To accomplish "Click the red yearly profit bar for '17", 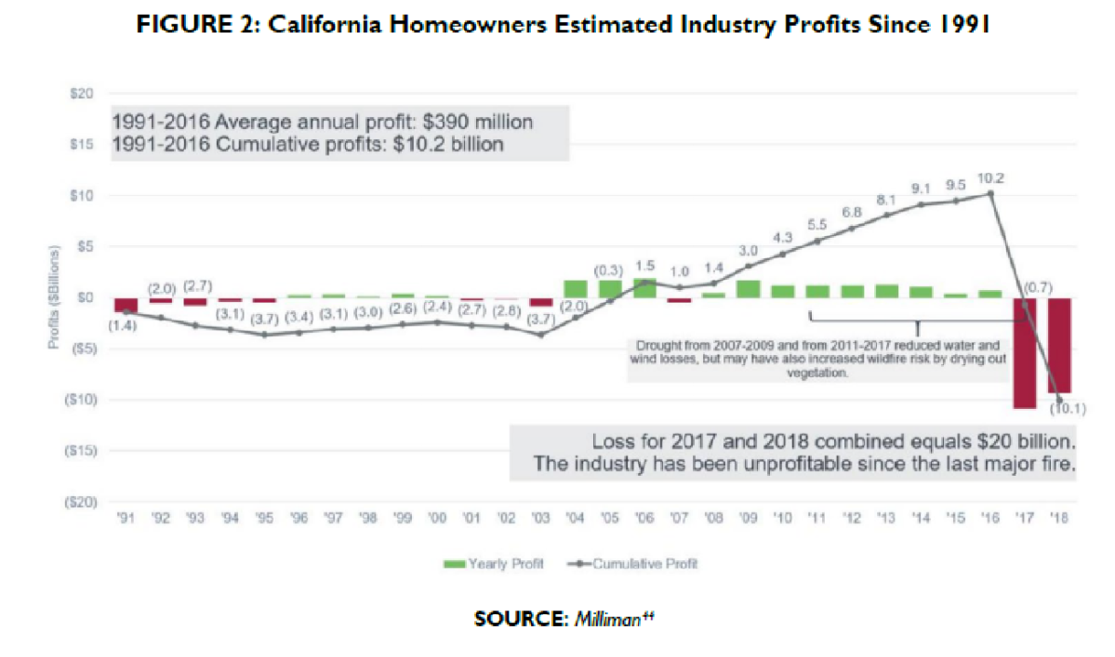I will point(1025,353).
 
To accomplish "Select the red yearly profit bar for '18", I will point(1059,345).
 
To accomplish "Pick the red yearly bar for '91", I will point(126,305).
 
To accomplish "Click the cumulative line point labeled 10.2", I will point(991,193).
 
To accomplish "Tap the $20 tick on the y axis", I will point(83,94).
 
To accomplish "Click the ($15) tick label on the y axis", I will point(79,451).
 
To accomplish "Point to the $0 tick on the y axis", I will point(86,297).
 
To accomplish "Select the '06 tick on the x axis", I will point(644,519).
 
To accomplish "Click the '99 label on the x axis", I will point(403,519).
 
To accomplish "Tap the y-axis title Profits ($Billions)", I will point(56,297).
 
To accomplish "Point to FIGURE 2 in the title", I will point(185,27).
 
